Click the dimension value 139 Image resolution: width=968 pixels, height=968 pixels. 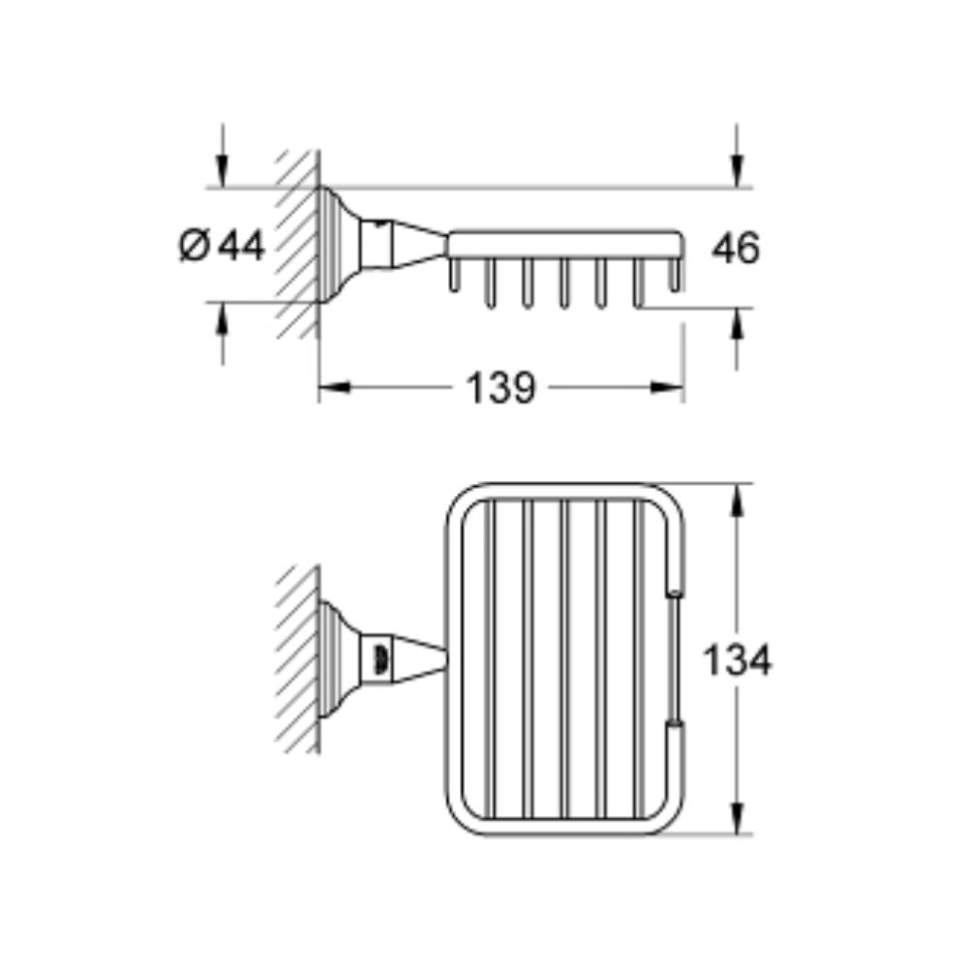500,388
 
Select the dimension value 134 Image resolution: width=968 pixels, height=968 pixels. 737,659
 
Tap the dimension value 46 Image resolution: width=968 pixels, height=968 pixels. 736,248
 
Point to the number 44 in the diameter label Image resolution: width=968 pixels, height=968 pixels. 243,245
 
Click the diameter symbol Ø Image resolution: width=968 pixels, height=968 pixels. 196,245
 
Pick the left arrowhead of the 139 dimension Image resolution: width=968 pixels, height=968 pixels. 334,388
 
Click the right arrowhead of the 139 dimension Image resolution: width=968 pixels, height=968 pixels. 667,388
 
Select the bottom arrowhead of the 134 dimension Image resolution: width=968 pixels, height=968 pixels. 736,819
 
